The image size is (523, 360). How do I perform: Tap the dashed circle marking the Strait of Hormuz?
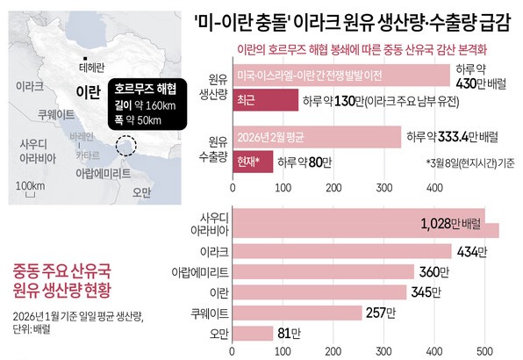click(128, 146)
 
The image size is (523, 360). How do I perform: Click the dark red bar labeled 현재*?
click(253, 161)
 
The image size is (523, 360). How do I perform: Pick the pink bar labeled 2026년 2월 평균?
click(316, 137)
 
